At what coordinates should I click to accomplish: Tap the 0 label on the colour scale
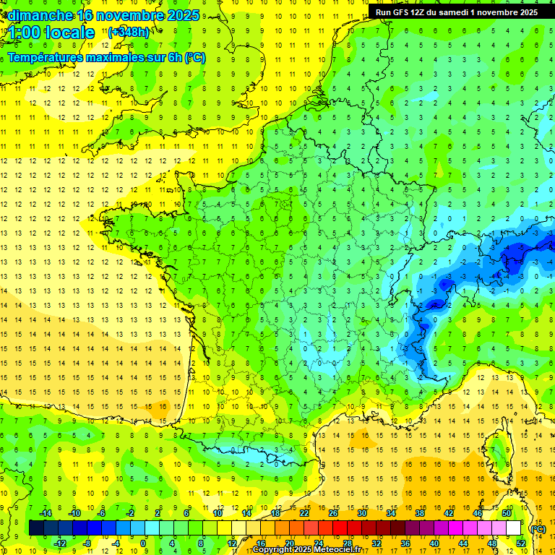(143, 543)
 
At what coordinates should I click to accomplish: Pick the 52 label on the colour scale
(521, 543)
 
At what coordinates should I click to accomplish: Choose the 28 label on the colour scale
(347, 543)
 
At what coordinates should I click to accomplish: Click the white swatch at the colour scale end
(514, 528)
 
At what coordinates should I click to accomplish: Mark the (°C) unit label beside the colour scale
(538, 528)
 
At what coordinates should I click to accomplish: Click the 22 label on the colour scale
(304, 513)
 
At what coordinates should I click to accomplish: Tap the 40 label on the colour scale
(434, 543)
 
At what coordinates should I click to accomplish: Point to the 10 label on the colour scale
(218, 513)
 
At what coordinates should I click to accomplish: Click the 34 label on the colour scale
(391, 513)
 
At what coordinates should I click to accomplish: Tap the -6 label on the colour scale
(102, 513)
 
